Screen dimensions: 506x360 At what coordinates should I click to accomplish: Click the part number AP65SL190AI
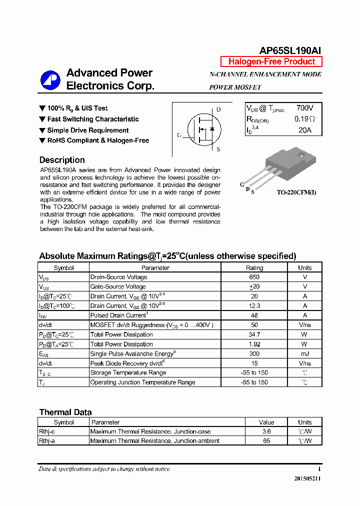pyautogui.click(x=290, y=50)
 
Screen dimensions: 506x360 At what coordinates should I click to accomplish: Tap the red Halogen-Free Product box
pyautogui.click(x=271, y=62)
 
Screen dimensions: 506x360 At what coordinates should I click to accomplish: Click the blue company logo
pyautogui.click(x=50, y=80)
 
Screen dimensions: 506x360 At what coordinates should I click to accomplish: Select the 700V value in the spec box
pyautogui.click(x=304, y=108)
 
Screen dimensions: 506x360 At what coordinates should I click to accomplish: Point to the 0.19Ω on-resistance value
pyautogui.click(x=304, y=119)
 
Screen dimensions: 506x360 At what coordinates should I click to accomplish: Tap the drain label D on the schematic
pyautogui.click(x=218, y=109)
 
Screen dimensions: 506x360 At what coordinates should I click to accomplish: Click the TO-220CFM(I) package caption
pyautogui.click(x=296, y=192)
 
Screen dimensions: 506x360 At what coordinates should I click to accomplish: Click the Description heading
pyautogui.click(x=62, y=160)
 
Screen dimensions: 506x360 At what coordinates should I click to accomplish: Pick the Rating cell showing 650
pyautogui.click(x=254, y=277)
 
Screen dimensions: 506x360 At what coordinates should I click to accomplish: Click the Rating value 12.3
pyautogui.click(x=254, y=305)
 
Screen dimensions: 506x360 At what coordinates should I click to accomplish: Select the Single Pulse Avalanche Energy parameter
pyautogui.click(x=132, y=353)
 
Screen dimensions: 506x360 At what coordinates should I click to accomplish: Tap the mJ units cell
pyautogui.click(x=304, y=353)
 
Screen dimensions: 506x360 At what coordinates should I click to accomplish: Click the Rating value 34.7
pyautogui.click(x=254, y=334)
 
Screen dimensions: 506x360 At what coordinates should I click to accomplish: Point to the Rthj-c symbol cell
pyautogui.click(x=47, y=431)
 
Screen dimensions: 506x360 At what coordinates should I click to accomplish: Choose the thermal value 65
pyautogui.click(x=266, y=441)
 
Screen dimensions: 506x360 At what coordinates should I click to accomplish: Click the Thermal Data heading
pyautogui.click(x=65, y=412)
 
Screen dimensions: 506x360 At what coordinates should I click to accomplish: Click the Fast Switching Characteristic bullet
pyautogui.click(x=93, y=119)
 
